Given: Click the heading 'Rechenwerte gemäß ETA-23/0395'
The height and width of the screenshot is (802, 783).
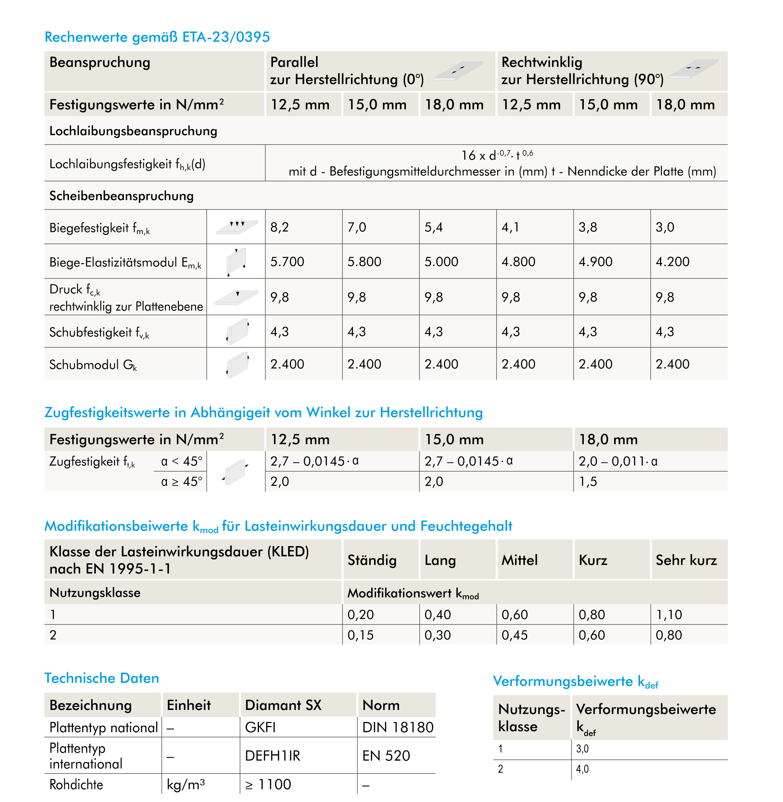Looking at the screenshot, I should pyautogui.click(x=157, y=37).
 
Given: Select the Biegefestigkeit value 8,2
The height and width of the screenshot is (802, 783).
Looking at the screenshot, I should pyautogui.click(x=280, y=227).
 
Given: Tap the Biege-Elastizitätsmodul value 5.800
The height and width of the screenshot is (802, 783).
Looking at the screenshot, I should pyautogui.click(x=364, y=262).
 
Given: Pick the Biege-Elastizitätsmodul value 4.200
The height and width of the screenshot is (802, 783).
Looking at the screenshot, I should pyautogui.click(x=672, y=262).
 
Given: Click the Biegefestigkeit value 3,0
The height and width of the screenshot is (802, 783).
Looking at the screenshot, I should pyautogui.click(x=665, y=227).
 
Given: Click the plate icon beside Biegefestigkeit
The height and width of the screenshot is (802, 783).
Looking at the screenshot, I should pyautogui.click(x=237, y=227).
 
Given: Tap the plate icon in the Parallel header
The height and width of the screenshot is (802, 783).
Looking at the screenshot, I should pyautogui.click(x=458, y=71).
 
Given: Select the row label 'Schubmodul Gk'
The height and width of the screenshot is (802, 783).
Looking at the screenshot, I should pyautogui.click(x=93, y=365).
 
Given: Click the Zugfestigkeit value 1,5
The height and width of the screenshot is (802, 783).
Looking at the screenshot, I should pyautogui.click(x=588, y=482).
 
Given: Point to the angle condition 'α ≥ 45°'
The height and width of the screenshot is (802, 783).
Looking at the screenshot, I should pyautogui.click(x=181, y=482).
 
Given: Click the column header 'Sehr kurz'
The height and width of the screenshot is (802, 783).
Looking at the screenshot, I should pyautogui.click(x=686, y=560).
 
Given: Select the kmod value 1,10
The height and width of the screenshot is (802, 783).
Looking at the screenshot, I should pyautogui.click(x=669, y=615).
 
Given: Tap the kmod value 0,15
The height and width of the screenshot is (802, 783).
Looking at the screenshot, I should pyautogui.click(x=361, y=635).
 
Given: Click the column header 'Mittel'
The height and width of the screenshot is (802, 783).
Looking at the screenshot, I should pyautogui.click(x=519, y=560).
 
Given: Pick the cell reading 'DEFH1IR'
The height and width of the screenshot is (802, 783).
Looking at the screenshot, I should pyautogui.click(x=273, y=756).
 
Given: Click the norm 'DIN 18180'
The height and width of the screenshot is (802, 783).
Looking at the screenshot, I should pyautogui.click(x=398, y=727).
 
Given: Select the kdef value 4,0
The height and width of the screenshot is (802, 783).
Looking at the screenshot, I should pyautogui.click(x=582, y=769).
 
